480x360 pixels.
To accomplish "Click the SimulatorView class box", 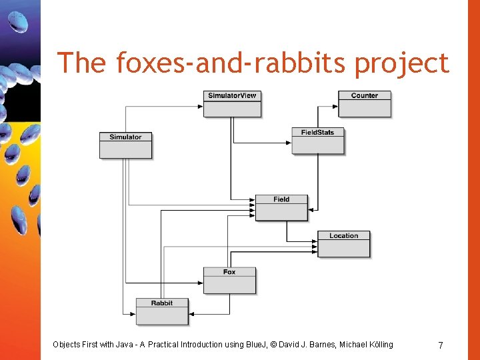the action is coord(232,103).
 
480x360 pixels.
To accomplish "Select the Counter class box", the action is coord(364,103).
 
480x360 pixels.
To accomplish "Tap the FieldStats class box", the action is coord(317,140).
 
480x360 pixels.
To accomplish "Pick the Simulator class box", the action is coord(125,145).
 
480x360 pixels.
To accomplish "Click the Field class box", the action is coord(281,207).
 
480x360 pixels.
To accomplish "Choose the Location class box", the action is coord(343,243).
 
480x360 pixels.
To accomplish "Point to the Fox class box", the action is coord(229,280).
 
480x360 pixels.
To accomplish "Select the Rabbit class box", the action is coord(162,311).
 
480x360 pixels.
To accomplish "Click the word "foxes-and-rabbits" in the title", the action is coord(232,63).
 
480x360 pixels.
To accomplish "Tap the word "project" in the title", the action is coord(402,63).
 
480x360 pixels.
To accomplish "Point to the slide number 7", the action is coord(440,345).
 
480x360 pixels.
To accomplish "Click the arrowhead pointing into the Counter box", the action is coord(335,105).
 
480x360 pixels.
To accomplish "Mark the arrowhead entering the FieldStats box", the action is coord(289,142).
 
